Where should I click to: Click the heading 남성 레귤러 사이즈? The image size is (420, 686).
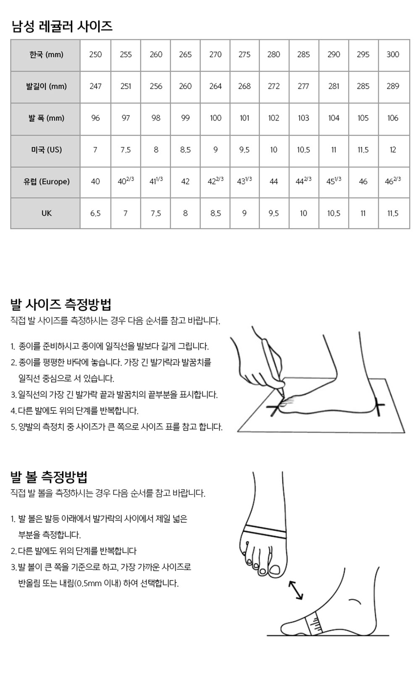coord(62,26)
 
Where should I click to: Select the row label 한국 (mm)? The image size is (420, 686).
coord(46,55)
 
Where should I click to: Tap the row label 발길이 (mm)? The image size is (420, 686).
coord(46,87)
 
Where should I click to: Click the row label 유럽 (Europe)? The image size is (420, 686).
coord(46,181)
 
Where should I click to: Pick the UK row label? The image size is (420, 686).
coord(47,213)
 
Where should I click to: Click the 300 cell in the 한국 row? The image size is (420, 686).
coord(393,55)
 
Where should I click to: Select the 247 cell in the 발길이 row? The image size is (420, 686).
coord(95,87)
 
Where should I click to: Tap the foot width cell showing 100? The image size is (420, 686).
coord(215,118)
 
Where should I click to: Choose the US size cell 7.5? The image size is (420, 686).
coord(126,150)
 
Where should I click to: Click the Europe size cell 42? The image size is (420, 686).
coord(185,181)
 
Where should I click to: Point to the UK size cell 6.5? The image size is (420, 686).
coord(95,213)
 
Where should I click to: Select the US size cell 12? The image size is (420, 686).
coord(393,150)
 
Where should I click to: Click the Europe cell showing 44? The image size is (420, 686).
coord(274,181)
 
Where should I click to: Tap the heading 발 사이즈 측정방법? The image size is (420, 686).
coord(60,304)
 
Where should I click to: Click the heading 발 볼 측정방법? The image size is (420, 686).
coord(49,477)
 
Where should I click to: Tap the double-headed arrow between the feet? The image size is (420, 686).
coord(296,591)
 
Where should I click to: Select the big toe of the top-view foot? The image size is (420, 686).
coord(275,569)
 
